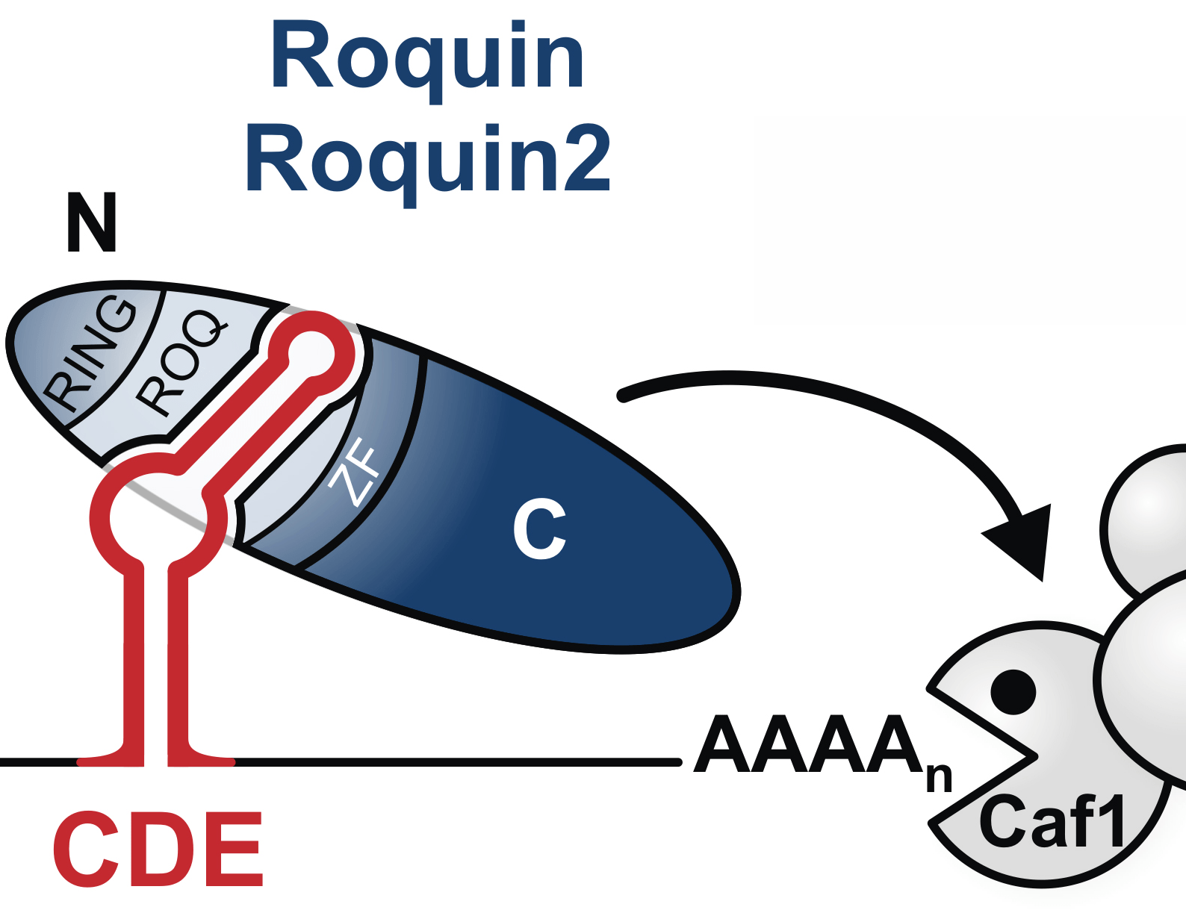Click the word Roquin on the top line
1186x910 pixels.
[427, 58]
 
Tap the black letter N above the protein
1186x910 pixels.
[92, 222]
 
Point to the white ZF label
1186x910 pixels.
[356, 472]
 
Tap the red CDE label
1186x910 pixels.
[158, 850]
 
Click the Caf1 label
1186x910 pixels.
[1053, 821]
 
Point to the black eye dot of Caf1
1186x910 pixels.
[1013, 691]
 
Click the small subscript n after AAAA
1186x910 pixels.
[940, 778]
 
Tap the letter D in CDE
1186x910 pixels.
[159, 850]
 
